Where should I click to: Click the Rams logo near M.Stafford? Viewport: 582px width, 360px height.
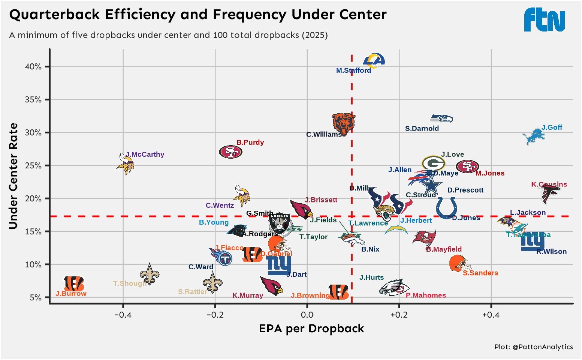pyautogui.click(x=374, y=60)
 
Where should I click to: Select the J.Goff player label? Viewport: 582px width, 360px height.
pyautogui.click(x=552, y=127)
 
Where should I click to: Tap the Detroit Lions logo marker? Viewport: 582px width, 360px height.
pyautogui.click(x=534, y=136)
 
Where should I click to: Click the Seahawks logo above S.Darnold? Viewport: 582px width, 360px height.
pyautogui.click(x=442, y=118)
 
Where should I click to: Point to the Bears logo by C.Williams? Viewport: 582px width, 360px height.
pyautogui.click(x=343, y=123)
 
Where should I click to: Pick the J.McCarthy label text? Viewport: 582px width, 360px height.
pyautogui.click(x=145, y=154)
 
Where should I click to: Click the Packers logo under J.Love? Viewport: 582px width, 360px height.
pyautogui.click(x=433, y=163)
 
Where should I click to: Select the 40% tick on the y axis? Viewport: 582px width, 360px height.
pyautogui.click(x=33, y=67)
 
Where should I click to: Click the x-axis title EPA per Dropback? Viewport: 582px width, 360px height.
pyautogui.click(x=311, y=329)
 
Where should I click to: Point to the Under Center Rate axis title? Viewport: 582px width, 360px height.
pyautogui.click(x=13, y=175)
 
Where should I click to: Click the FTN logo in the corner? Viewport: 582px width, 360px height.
pyautogui.click(x=545, y=20)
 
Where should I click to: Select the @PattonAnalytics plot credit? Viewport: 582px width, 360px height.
pyautogui.click(x=533, y=347)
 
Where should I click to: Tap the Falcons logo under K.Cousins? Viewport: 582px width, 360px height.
pyautogui.click(x=551, y=193)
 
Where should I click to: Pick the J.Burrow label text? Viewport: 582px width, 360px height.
pyautogui.click(x=71, y=294)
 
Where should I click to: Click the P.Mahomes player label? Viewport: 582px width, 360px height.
pyautogui.click(x=426, y=295)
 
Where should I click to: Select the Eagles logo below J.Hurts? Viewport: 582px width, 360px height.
pyautogui.click(x=392, y=288)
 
